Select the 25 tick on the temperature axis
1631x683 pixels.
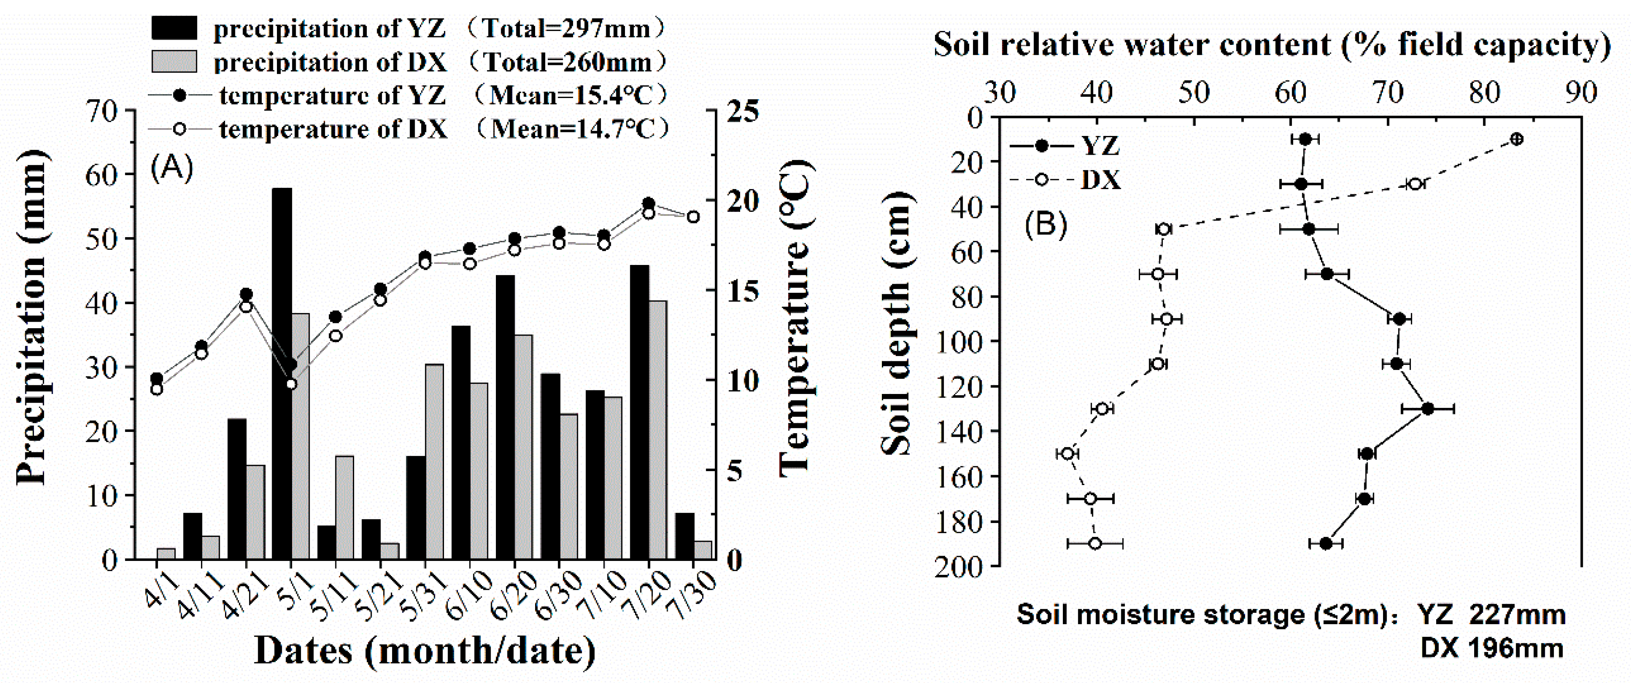click(742, 112)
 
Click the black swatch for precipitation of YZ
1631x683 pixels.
click(174, 29)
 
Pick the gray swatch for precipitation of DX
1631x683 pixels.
click(174, 61)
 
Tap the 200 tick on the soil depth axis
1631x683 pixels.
click(959, 565)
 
